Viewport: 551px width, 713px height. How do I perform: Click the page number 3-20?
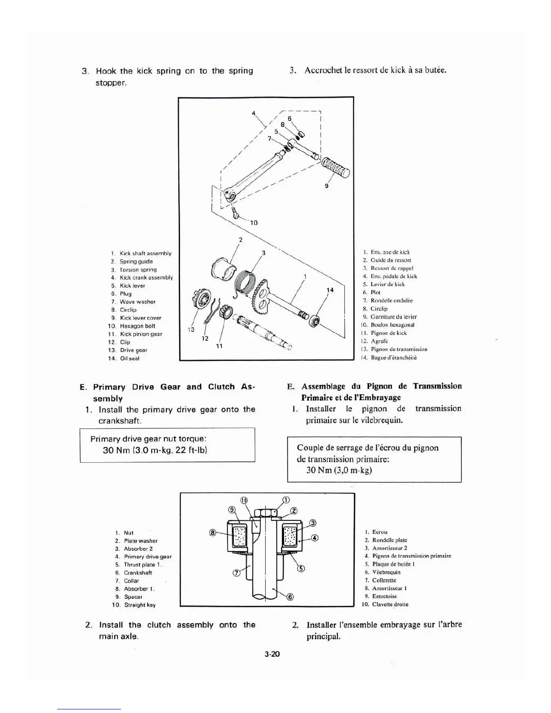tap(272, 654)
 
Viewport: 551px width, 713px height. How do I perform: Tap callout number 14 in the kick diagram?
tap(330, 290)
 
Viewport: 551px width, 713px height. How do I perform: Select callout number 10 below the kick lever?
tap(253, 223)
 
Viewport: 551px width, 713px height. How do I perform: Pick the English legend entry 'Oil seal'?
tap(130, 358)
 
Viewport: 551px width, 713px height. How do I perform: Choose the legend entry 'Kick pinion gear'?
tap(141, 334)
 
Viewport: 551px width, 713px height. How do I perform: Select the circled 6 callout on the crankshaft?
tap(290, 597)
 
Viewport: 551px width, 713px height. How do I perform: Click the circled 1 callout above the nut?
tap(285, 500)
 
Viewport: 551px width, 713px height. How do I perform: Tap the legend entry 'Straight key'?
tap(140, 605)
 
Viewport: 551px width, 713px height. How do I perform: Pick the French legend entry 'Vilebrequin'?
tap(386, 573)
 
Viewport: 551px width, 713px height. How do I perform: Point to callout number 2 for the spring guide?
tap(240, 240)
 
